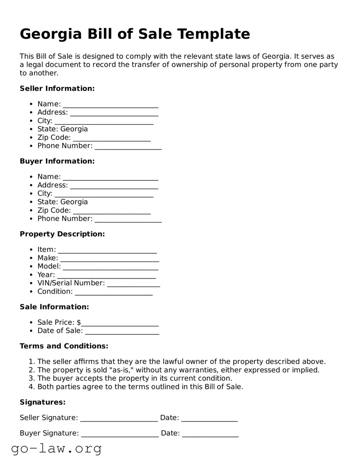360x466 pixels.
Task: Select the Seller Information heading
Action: click(x=57, y=88)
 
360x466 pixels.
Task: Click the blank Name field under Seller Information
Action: click(x=110, y=104)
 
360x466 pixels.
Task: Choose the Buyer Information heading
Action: click(x=57, y=161)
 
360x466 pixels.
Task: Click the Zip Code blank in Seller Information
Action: click(x=111, y=138)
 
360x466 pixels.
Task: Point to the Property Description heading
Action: click(x=62, y=234)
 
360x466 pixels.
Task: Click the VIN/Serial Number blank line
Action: click(x=133, y=284)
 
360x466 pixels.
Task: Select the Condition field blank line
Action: click(x=114, y=292)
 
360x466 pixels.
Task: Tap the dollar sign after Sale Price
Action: click(x=79, y=323)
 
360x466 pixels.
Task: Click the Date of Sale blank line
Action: click(x=122, y=331)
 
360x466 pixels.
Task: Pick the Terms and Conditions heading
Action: click(x=64, y=346)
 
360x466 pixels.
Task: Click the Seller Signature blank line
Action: click(x=118, y=418)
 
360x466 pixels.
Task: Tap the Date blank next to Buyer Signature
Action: click(x=210, y=434)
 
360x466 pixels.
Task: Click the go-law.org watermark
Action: click(x=56, y=449)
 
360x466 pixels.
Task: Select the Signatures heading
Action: click(x=43, y=402)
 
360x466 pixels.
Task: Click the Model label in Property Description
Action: click(x=48, y=266)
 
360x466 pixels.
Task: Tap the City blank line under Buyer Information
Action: click(x=104, y=194)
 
